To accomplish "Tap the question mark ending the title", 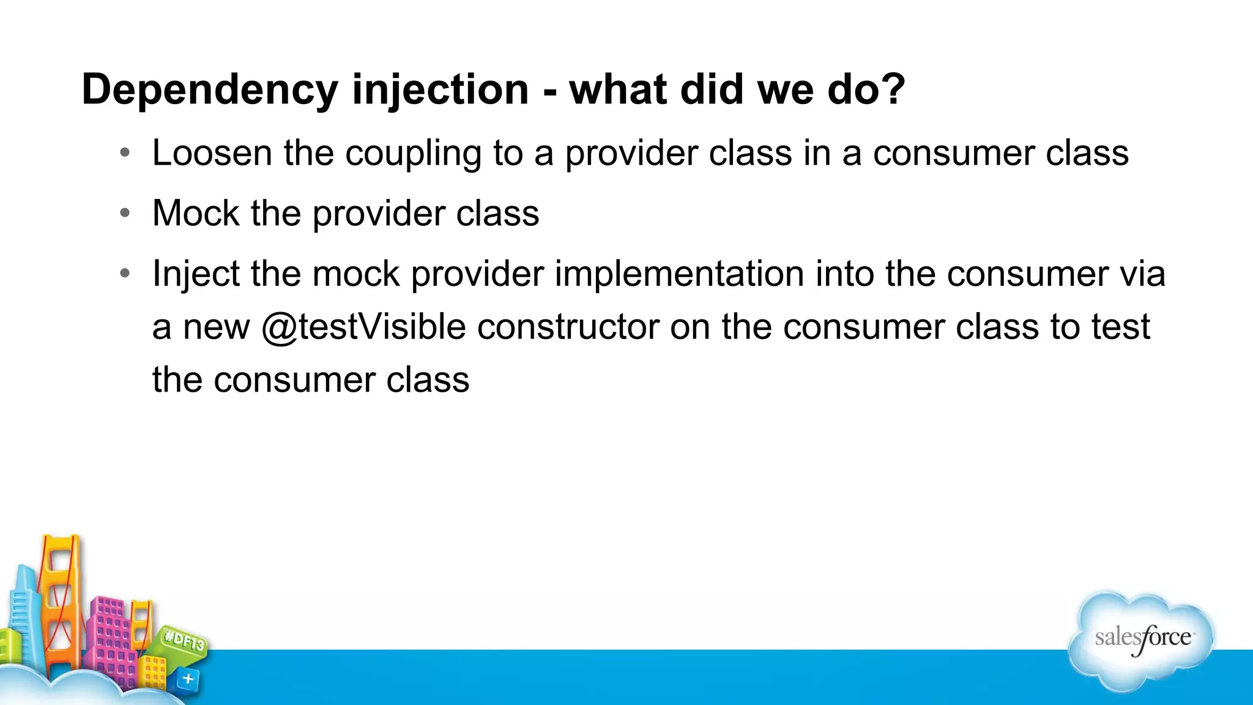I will click(x=893, y=89).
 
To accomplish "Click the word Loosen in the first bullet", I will click(x=212, y=152).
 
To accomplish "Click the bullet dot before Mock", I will click(x=125, y=213).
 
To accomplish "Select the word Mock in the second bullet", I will click(x=196, y=213).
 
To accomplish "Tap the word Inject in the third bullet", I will click(x=195, y=274).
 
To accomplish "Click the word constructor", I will click(x=568, y=327).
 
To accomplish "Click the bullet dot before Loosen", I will click(x=125, y=152).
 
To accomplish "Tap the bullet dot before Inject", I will click(x=125, y=273).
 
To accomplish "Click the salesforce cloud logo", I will click(x=1142, y=640).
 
